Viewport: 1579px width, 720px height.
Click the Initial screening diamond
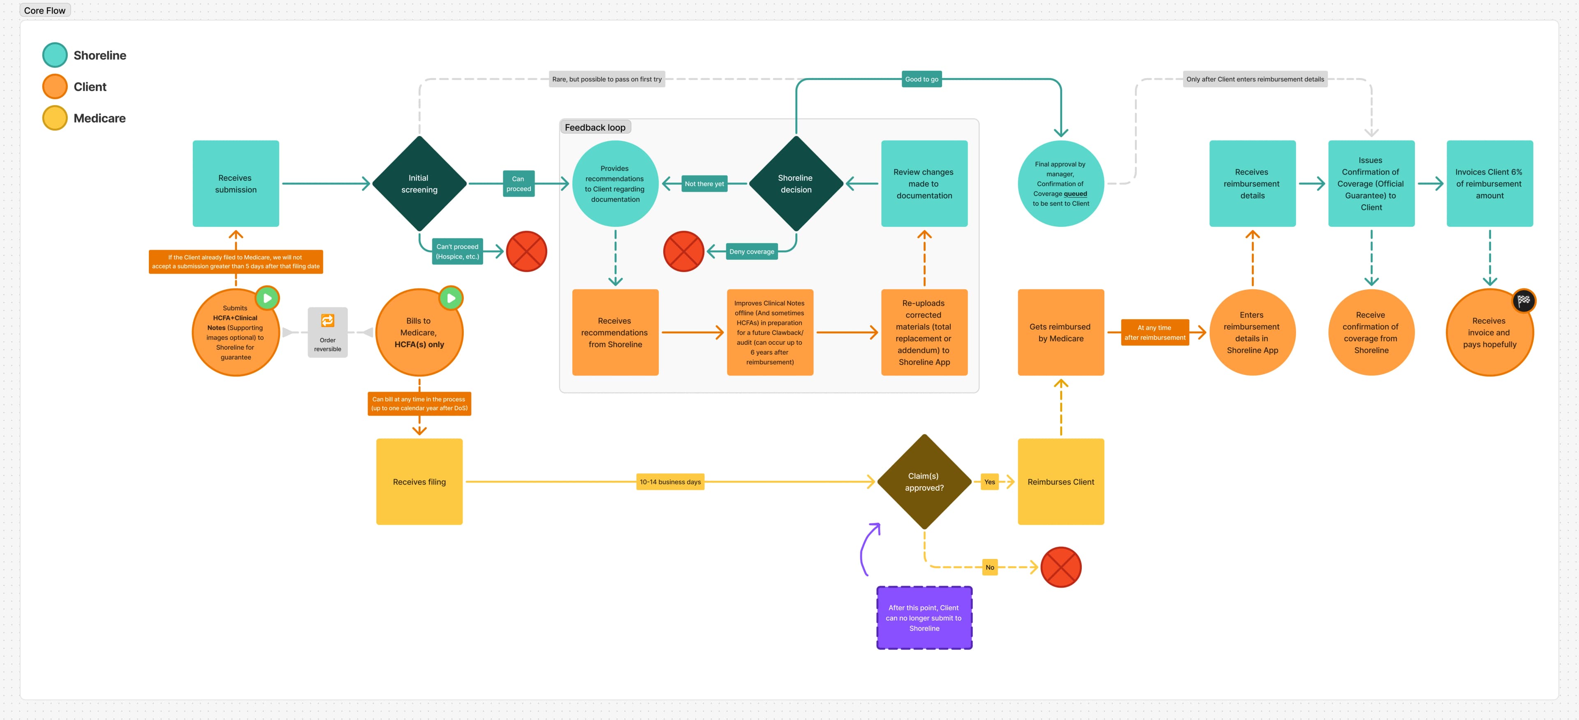(x=419, y=183)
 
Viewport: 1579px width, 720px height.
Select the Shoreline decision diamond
(x=796, y=183)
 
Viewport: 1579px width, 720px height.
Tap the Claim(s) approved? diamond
(x=924, y=482)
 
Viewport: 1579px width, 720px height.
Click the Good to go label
(x=921, y=79)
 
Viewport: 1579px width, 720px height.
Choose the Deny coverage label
(x=752, y=251)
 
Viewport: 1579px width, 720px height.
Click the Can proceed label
(x=519, y=184)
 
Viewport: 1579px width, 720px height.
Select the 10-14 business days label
(x=670, y=482)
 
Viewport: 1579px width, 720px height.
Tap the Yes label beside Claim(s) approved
(x=989, y=482)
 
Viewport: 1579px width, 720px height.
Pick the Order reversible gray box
(x=327, y=332)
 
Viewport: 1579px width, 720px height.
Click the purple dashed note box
(x=924, y=618)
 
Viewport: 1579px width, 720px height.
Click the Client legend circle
(x=55, y=86)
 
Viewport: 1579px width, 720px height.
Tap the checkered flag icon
(x=1523, y=300)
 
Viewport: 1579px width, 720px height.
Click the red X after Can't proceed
(x=526, y=251)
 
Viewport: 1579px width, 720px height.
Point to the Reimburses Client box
(x=1060, y=482)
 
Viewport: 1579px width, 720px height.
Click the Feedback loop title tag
(x=595, y=127)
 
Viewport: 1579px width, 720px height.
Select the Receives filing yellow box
(x=419, y=482)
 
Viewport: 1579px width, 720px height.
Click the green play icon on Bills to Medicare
(x=451, y=298)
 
